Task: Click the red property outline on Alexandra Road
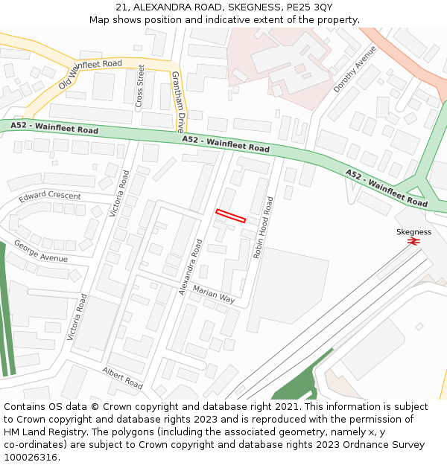[230, 216]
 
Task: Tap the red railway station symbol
[413, 241]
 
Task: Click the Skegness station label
[413, 232]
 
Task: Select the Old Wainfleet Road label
[89, 75]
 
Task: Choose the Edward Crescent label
[50, 197]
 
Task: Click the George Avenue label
[40, 251]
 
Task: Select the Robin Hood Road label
[263, 228]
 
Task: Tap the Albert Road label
[123, 378]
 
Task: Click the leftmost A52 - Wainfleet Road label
[54, 128]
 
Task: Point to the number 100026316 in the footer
[30, 457]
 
